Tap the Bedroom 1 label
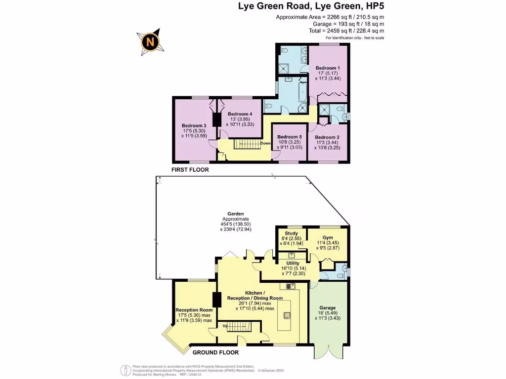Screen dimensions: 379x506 (x=328, y=68)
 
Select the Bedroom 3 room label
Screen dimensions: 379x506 (x=194, y=125)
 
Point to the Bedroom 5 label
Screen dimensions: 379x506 (x=289, y=137)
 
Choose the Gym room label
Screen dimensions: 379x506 (x=328, y=237)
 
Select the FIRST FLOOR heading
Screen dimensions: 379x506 (x=190, y=170)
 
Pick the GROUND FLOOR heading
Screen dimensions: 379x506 (x=215, y=352)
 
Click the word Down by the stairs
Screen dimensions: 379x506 (x=266, y=144)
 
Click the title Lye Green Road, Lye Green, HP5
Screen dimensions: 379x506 (x=318, y=6)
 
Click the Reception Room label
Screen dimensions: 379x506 (x=194, y=310)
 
